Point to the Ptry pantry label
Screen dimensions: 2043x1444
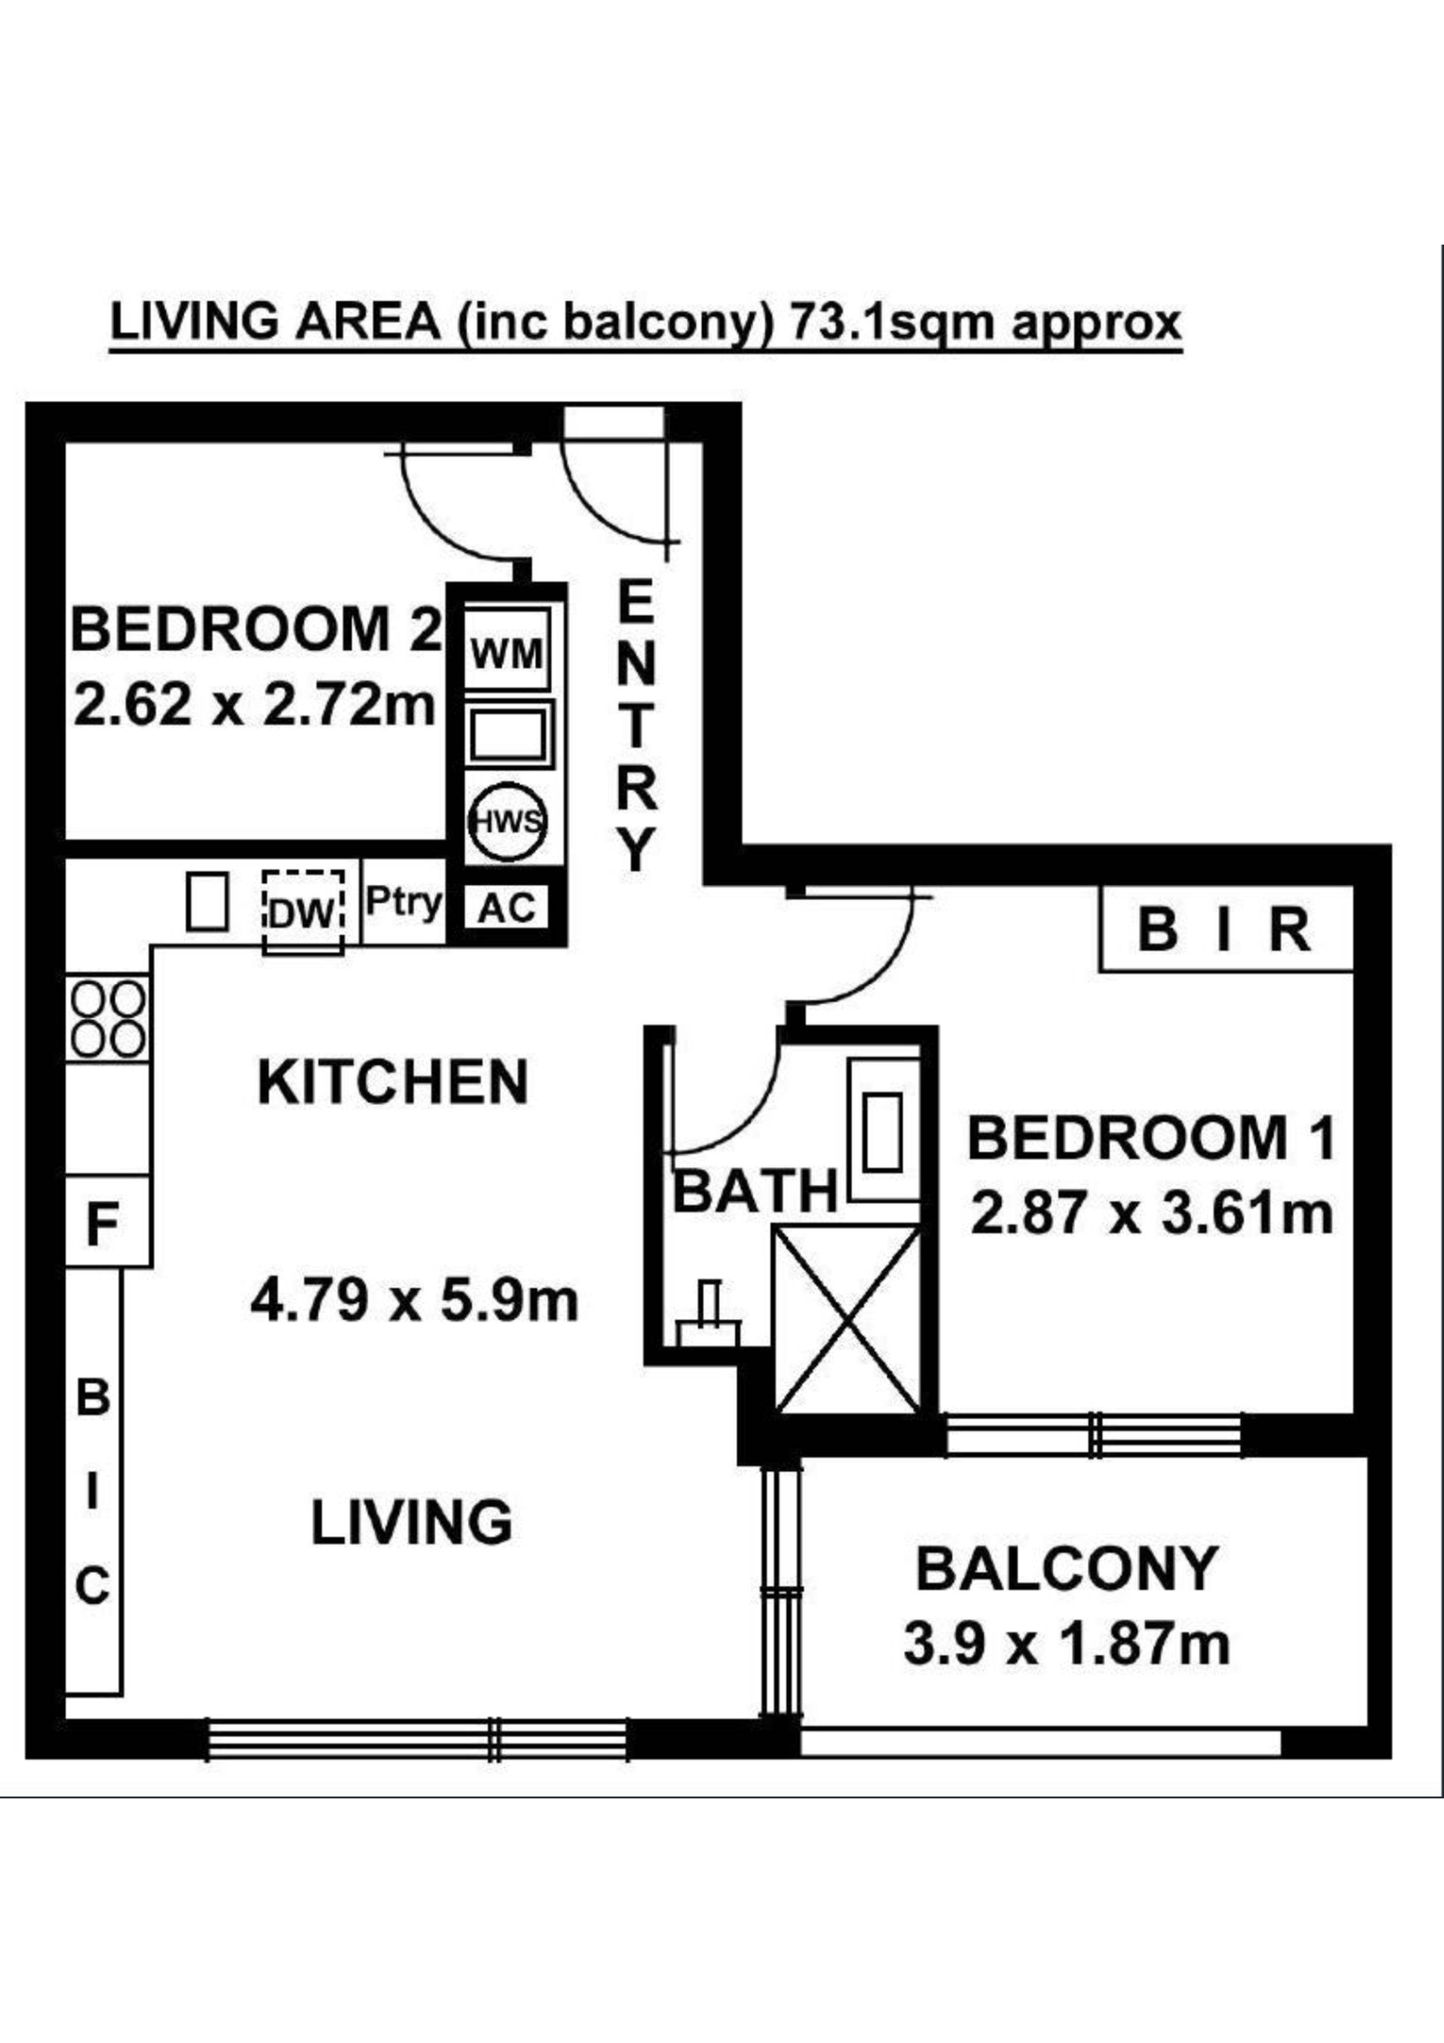coord(403,903)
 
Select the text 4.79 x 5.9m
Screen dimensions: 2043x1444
coord(414,1302)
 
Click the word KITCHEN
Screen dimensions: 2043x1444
coord(393,1083)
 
